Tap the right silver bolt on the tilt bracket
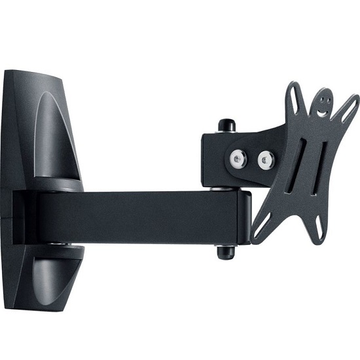(x=266, y=157)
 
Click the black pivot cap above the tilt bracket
(x=226, y=125)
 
